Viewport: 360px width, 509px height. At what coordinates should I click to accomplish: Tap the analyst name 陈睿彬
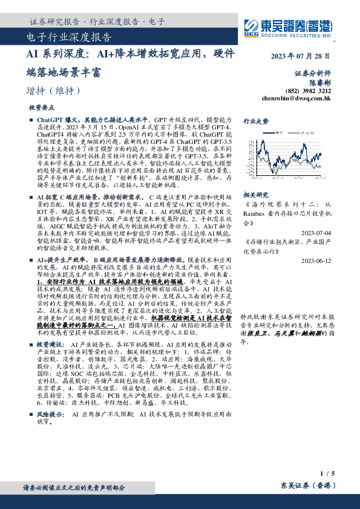(319, 81)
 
